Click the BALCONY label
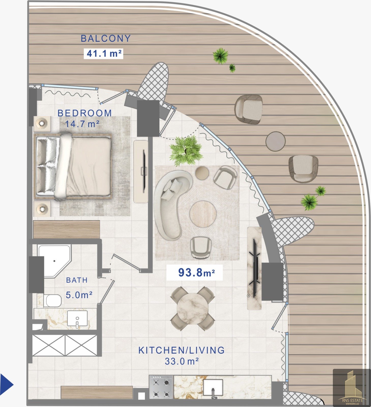click(106, 38)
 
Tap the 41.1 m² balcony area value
click(104, 54)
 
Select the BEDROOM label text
click(85, 113)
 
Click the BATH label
click(77, 280)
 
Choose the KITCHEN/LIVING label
click(181, 350)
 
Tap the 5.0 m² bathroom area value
click(79, 295)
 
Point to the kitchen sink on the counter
click(213, 388)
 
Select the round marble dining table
click(192, 308)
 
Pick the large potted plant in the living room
click(186, 151)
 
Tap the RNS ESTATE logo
click(352, 387)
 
